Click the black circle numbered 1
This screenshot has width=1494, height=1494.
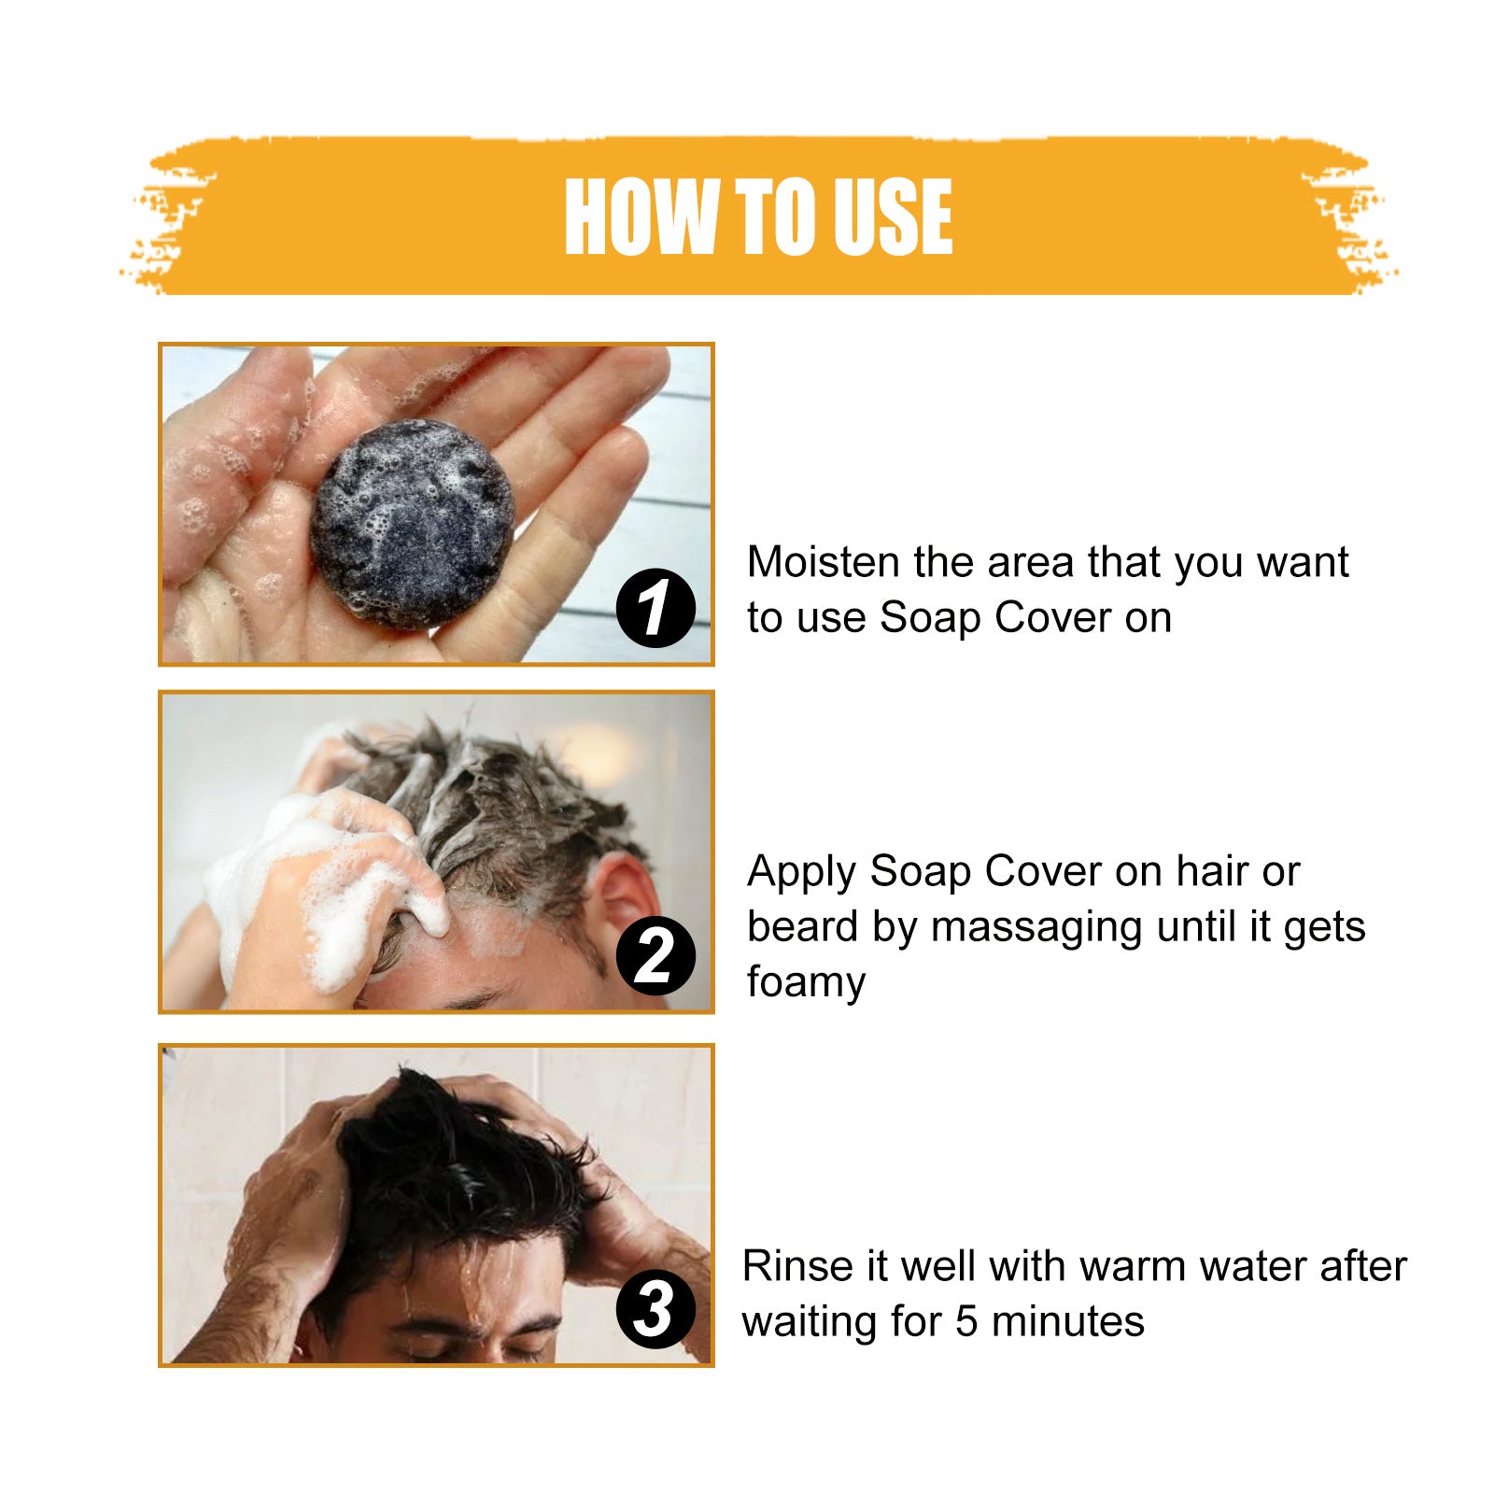[655, 608]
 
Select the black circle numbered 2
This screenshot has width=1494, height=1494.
[655, 957]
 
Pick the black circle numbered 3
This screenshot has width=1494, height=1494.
[655, 1308]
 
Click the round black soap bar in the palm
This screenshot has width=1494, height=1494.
[412, 522]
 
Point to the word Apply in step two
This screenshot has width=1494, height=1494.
[801, 873]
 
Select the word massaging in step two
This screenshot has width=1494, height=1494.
[1037, 928]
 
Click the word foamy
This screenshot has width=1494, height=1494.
[806, 982]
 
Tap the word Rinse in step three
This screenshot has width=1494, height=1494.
[797, 1267]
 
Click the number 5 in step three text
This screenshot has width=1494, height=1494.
[966, 1322]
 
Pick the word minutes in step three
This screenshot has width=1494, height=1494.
[1067, 1322]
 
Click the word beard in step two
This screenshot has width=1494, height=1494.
[802, 928]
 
